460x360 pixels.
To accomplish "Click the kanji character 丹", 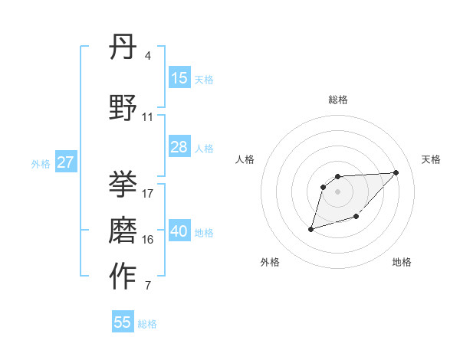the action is pos(123,48).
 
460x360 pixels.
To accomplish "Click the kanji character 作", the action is pos(123,277).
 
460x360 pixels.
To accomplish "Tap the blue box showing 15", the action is pos(179,78).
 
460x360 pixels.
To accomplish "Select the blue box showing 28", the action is pos(179,147).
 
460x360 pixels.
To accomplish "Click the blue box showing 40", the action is pos(179,231).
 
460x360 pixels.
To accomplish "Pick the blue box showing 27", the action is pos(65,162).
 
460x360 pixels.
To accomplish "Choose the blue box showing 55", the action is pos(123,322).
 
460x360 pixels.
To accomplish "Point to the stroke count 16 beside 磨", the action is pos(148,240).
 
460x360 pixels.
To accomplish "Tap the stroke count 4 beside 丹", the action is pos(147,56).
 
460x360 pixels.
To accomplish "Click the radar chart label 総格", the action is pos(338,100).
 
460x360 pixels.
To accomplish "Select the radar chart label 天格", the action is pos(432,159).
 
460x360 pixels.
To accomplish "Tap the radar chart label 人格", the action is pos(245,159).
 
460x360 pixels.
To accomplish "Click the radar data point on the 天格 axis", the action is pos(396,172).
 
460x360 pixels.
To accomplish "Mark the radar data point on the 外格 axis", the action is pos(310,229).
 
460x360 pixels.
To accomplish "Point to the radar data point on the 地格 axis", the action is pos(356,218).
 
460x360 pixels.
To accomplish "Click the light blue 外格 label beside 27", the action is pos(40,163).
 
